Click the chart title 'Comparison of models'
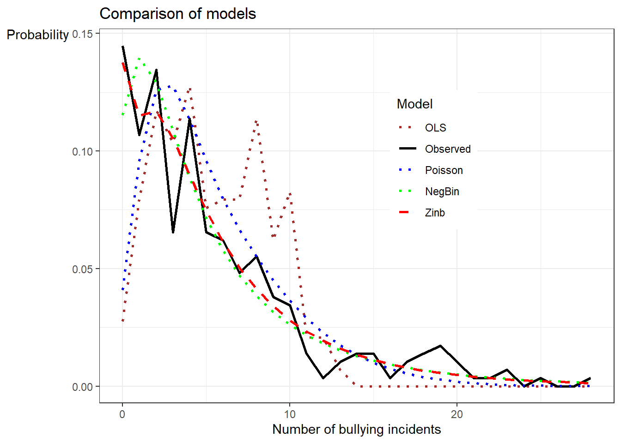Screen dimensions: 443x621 177,14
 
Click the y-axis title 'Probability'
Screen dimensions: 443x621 37,35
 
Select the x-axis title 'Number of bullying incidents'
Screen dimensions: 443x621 356,429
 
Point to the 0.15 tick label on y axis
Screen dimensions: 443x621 82,34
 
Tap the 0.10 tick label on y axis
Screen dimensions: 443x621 82,152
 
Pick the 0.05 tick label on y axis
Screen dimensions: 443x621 82,269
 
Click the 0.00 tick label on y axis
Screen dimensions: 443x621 82,387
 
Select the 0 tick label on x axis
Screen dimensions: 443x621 122,414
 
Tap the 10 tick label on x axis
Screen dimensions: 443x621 290,414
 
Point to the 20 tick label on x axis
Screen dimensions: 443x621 457,414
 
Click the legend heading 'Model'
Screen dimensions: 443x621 414,104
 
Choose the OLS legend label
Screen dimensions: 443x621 435,128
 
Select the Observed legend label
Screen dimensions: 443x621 448,149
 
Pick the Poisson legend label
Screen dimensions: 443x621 444,170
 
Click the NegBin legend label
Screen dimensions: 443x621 442,192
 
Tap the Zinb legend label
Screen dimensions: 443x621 435,213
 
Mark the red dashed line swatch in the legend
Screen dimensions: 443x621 405,212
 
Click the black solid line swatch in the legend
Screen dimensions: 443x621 407,149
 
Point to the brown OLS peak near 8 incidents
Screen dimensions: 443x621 256,121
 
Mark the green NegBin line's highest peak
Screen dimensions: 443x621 139,59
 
